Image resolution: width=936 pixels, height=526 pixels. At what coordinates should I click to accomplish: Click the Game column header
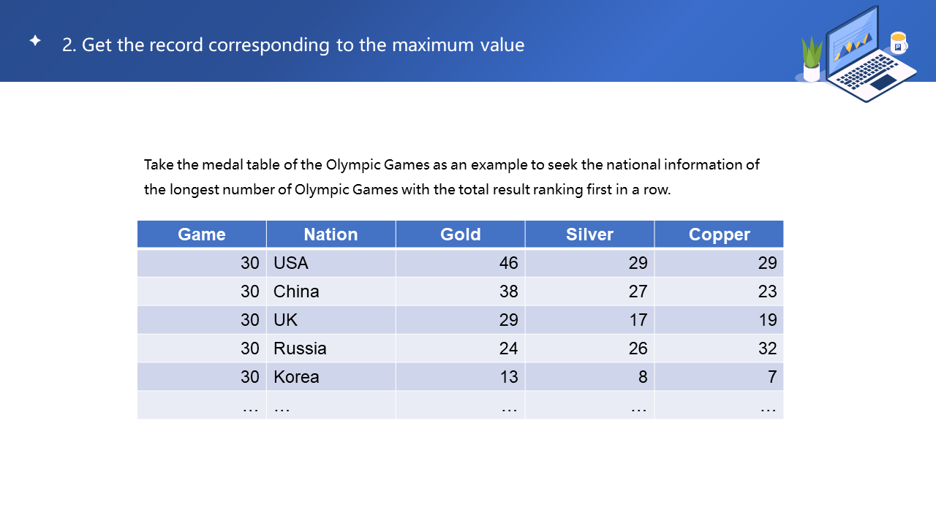pos(202,235)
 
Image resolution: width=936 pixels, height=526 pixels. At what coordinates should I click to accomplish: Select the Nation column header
pos(331,235)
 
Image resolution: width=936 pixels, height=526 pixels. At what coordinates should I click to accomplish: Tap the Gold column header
pos(460,235)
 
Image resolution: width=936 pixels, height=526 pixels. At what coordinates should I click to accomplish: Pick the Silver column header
pos(589,235)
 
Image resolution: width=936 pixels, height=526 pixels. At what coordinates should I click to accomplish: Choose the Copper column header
pos(719,235)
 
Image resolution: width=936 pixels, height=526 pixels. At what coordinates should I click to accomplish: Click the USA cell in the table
pos(291,263)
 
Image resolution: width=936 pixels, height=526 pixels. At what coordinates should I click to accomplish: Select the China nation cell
pos(296,291)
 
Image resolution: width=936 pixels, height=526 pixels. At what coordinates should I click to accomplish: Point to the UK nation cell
pos(285,320)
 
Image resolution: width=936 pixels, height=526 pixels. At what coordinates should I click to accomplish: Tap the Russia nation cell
pos(300,348)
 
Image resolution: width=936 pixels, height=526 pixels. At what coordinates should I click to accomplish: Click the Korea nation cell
pos(296,377)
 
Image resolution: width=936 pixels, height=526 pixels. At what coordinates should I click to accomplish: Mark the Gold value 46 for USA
pos(508,263)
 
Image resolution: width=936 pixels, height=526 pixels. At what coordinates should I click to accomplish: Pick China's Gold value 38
pos(508,291)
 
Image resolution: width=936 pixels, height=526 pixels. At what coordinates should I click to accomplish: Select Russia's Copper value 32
pos(767,348)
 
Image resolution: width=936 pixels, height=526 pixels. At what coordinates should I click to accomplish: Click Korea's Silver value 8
pos(642,377)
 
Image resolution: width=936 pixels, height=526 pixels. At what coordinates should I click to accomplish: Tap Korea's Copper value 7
pos(771,377)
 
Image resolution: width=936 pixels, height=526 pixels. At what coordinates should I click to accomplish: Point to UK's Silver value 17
pos(638,320)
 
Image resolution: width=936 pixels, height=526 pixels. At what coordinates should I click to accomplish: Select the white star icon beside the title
pos(35,41)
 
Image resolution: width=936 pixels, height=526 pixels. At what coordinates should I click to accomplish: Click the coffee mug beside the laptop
pos(899,43)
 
